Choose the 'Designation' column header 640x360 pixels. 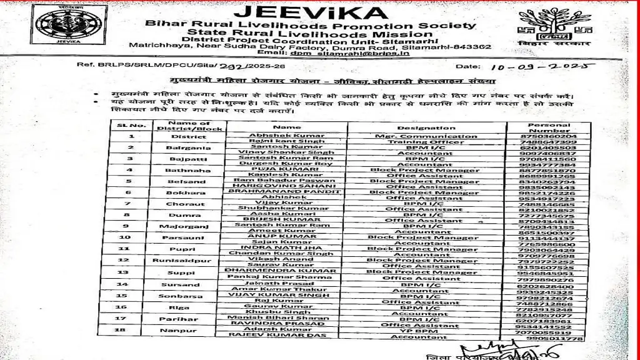point(426,127)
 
